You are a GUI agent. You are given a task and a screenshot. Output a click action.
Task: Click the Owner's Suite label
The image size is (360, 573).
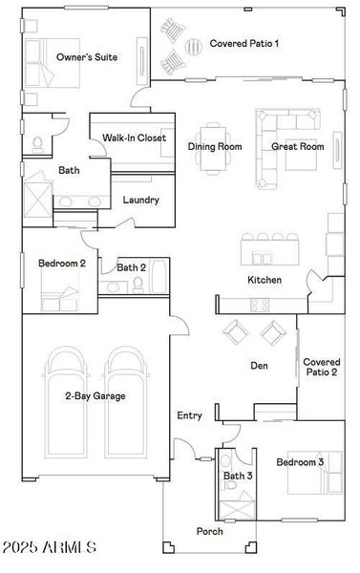pos(87,57)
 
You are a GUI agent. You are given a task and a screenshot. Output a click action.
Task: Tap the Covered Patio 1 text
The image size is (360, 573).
pos(244,43)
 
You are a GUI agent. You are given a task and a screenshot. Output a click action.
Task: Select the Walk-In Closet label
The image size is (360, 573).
pos(134,138)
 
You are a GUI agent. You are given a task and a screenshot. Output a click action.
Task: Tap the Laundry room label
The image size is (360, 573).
pos(140,201)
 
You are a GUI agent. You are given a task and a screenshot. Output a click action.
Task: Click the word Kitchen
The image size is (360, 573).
pos(265,280)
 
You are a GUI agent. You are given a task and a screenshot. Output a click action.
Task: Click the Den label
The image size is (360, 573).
pos(259,366)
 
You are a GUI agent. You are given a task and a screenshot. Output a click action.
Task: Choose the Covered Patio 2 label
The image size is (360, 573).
pos(321,367)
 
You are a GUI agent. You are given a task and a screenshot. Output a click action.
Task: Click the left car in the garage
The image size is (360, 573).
pos(67,401)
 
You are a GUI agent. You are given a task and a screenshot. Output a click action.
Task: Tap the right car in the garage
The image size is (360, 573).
pos(128,401)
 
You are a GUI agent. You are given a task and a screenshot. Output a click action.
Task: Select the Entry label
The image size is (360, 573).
pos(189,415)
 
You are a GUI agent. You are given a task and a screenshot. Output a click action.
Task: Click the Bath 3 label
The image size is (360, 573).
pos(237,476)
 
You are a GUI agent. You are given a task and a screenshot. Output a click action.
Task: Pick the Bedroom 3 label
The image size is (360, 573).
pos(300,462)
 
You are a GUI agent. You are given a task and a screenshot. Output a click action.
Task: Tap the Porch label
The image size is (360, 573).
pos(209,531)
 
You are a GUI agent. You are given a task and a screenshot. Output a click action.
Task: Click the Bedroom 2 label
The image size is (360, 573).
pos(62,263)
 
